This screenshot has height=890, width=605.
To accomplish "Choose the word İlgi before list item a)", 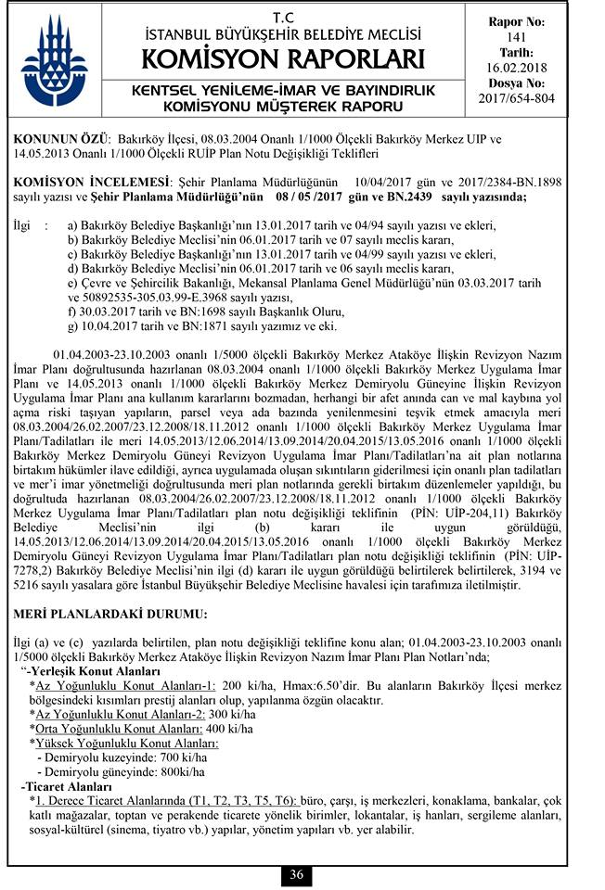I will tap(20, 225).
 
